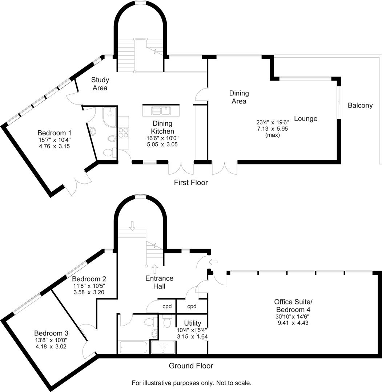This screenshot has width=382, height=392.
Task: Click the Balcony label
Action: point(360,106)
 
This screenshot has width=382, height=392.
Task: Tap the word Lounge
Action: point(306,119)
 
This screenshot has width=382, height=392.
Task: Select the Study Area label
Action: point(100,83)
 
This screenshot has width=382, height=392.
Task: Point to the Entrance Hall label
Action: point(159,282)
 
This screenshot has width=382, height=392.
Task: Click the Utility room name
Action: point(192,323)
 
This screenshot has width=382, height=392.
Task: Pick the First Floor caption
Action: point(191,183)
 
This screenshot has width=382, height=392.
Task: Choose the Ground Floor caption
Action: point(191,366)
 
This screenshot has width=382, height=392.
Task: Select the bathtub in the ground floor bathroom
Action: point(133,347)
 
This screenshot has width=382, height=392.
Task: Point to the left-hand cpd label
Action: point(167,306)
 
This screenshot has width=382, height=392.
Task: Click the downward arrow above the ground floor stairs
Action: point(132,226)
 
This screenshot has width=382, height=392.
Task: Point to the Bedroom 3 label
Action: point(51,333)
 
